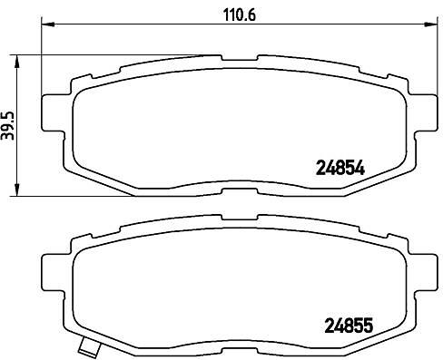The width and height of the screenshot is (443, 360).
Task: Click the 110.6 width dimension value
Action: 239,15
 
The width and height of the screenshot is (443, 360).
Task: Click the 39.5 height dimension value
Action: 8,125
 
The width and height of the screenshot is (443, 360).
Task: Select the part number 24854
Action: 340,168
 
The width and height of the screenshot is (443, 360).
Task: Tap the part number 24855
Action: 349,326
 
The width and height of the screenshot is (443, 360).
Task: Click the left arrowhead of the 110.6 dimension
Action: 47,24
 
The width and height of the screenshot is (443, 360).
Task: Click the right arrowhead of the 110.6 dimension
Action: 430,24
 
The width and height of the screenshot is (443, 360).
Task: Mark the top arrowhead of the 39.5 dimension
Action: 17,62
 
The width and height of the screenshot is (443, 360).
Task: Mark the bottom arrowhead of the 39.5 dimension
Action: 17,190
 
